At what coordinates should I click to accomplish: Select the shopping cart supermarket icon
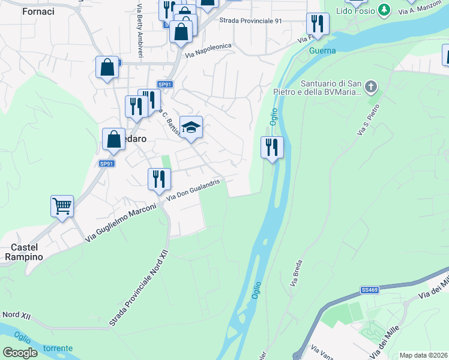(x=62, y=207)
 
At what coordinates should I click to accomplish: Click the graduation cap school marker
(x=191, y=128)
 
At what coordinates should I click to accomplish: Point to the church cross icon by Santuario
(x=371, y=87)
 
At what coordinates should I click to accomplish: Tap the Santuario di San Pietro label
(x=331, y=88)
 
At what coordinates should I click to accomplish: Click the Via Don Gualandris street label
(x=197, y=189)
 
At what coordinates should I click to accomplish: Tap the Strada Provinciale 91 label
(x=250, y=20)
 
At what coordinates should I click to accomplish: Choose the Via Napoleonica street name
(x=208, y=51)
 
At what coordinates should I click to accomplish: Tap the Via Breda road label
(x=296, y=272)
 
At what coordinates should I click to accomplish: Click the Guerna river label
(x=322, y=51)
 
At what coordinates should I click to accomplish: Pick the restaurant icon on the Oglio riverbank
(x=272, y=147)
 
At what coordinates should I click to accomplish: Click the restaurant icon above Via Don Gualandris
(x=159, y=179)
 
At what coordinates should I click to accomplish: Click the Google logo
(x=20, y=352)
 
